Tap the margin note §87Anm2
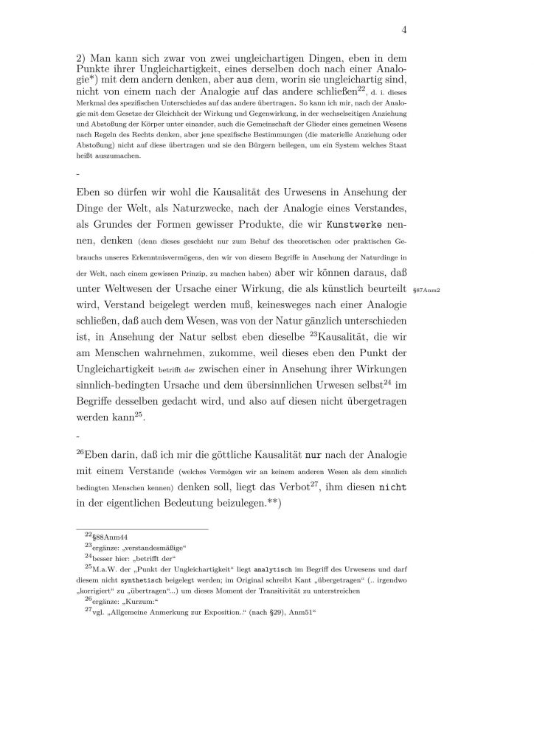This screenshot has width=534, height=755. click(x=427, y=290)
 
